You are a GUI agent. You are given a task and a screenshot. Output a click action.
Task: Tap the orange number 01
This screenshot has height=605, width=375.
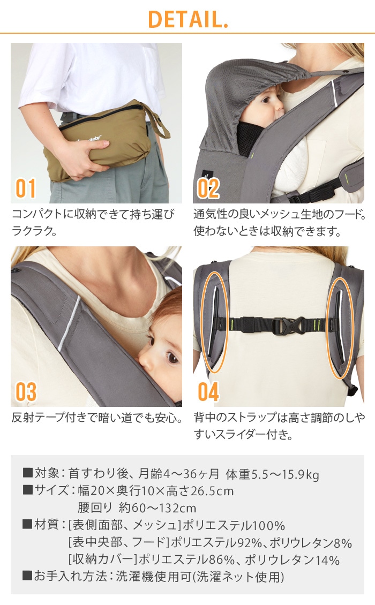pos(26,188)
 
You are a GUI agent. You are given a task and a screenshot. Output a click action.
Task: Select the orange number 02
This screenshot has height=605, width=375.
pos(208,188)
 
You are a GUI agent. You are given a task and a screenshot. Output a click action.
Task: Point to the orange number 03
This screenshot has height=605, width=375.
pos(26,392)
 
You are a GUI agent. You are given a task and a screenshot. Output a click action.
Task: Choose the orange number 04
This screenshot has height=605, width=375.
pos(208,392)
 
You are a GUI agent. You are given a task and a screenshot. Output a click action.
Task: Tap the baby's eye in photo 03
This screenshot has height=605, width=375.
pos(171,358)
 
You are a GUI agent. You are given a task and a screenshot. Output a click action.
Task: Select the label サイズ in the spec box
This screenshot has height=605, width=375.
pos(52,491)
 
